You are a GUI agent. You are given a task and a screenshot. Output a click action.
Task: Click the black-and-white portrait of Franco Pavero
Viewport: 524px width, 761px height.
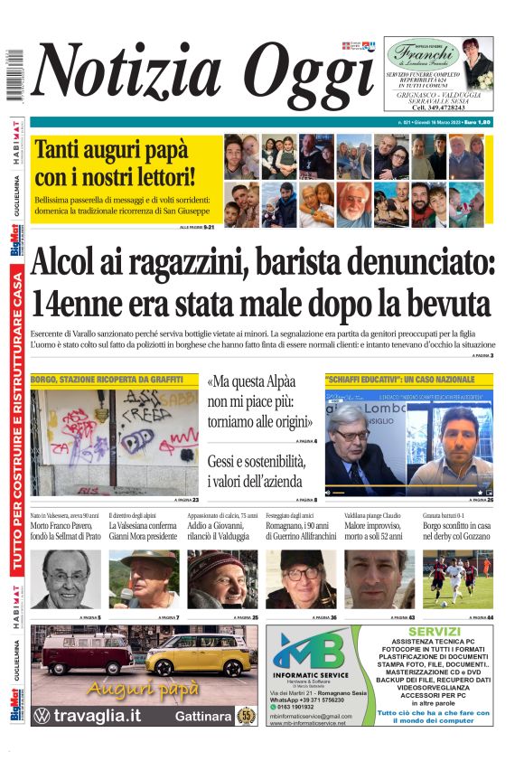point(66,579)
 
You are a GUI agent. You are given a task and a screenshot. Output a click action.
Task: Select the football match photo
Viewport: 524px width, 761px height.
point(458,579)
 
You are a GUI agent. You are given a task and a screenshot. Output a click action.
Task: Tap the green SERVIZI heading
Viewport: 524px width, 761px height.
point(434,631)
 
